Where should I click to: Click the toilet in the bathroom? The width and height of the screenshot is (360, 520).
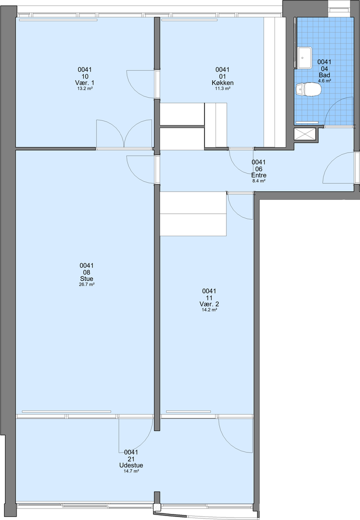click(308, 89)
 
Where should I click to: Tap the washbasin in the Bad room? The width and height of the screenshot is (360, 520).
click(304, 58)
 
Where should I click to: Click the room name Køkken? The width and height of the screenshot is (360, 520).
click(222, 83)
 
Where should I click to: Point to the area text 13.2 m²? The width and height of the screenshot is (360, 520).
click(85, 89)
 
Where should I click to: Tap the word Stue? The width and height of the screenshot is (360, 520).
click(86, 279)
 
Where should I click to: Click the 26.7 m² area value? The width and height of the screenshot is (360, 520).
click(86, 285)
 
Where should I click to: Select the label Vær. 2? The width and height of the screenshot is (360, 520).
click(209, 304)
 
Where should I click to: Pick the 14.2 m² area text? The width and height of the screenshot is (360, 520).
click(209, 310)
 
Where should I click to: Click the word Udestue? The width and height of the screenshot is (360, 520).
click(131, 465)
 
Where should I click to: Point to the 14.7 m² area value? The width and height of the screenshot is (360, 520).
click(131, 471)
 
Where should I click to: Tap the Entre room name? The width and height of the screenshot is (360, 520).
click(258, 176)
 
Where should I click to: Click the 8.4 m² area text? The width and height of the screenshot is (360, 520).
click(258, 181)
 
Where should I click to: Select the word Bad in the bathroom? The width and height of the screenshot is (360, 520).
click(324, 75)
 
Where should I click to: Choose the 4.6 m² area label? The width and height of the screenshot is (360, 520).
click(324, 81)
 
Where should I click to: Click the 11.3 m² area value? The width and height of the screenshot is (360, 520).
click(222, 89)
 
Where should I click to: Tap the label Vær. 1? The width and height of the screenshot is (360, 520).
click(85, 83)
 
